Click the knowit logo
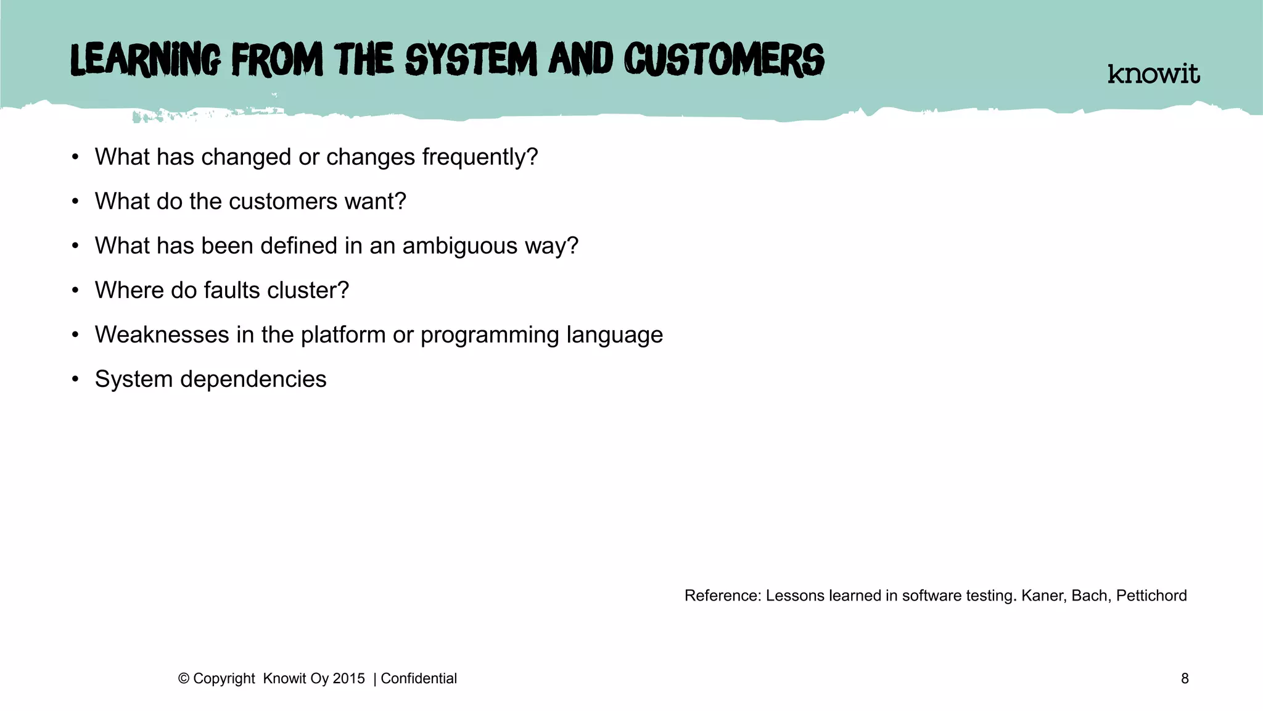coord(1153,74)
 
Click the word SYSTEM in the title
coord(471,60)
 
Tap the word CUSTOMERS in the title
coord(724,60)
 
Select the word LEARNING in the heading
coord(146,60)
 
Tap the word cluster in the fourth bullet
coord(308,291)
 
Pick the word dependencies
coord(253,380)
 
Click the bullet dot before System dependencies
coord(75,379)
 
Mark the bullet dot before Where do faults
coord(75,290)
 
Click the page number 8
coord(1185,679)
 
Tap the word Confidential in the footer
coord(419,679)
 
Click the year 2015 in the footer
coord(348,679)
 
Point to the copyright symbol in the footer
coord(183,679)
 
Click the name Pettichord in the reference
coord(1151,596)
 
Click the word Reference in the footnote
coord(722,596)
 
